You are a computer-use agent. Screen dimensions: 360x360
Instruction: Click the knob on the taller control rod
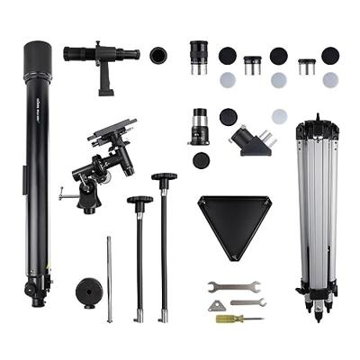164,179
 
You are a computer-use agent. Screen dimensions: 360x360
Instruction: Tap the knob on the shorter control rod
139,201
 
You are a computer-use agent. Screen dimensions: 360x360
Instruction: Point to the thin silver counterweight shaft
109,279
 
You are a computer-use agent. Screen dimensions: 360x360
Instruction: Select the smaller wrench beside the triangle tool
247,303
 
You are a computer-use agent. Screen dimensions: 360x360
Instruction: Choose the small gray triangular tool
217,306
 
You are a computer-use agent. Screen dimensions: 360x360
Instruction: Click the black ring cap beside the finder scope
158,55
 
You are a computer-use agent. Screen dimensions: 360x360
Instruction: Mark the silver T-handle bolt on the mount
65,192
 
